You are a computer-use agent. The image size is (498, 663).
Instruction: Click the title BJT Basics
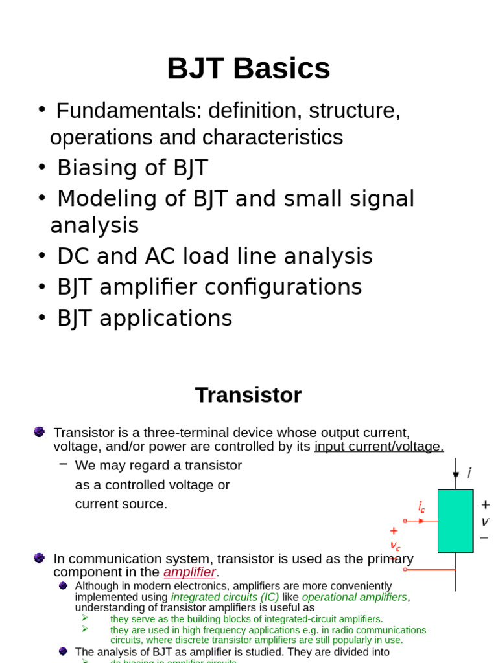[x=248, y=69]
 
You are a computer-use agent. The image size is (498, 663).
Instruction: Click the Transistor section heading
[x=248, y=395]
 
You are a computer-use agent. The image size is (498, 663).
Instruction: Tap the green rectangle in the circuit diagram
[x=455, y=521]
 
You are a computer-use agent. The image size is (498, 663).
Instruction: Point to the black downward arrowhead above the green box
[x=456, y=475]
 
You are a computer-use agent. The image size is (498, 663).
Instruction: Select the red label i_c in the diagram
[x=421, y=507]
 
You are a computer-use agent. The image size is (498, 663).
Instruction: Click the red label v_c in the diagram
[x=395, y=546]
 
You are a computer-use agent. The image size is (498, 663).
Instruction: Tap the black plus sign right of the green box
[x=485, y=504]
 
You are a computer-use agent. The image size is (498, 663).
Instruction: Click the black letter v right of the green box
[x=485, y=522]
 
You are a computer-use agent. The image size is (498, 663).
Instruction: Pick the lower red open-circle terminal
[x=405, y=570]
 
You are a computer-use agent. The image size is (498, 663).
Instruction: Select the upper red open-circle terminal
[x=405, y=521]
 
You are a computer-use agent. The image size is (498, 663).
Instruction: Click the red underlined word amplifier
[x=189, y=572]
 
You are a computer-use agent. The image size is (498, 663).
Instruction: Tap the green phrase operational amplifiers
[x=355, y=597]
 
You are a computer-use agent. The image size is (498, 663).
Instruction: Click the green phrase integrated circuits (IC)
[x=224, y=597]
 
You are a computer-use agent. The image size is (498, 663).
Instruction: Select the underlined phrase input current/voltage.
[x=379, y=447]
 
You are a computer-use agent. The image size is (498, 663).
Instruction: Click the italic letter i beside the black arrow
[x=469, y=473]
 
